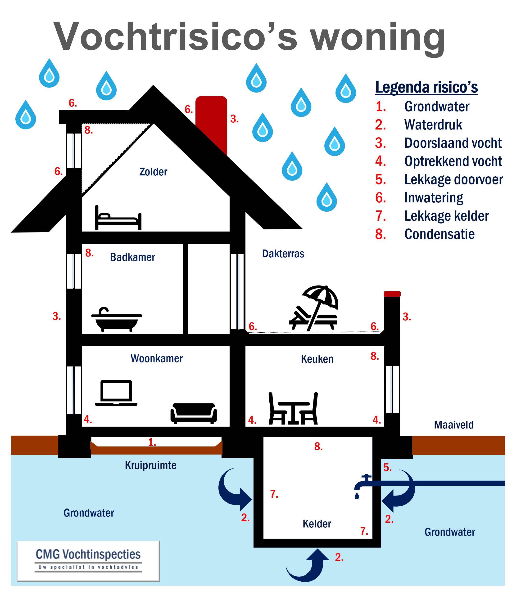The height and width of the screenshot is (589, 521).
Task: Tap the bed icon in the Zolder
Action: pos(118,218)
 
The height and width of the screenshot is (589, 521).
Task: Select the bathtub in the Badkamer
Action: pos(117,320)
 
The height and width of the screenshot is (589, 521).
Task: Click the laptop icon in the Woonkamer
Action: pos(116,393)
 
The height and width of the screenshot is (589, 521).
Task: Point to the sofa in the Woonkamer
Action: pos(194,413)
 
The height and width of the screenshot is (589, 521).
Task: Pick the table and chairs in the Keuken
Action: pos(293,408)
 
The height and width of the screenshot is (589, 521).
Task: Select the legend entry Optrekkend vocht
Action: pos(439,161)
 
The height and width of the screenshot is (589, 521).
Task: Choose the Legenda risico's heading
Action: pos(426,87)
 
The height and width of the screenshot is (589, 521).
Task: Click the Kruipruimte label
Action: pos(150,465)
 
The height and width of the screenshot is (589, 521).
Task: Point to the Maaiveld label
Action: pos(453,425)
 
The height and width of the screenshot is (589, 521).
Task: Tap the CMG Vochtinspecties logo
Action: pos(88,561)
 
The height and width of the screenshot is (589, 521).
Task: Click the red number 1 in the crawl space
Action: pos(152,442)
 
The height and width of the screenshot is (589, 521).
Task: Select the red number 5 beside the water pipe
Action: pos(388,467)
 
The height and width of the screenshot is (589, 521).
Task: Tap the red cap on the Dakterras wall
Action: pos(392,294)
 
